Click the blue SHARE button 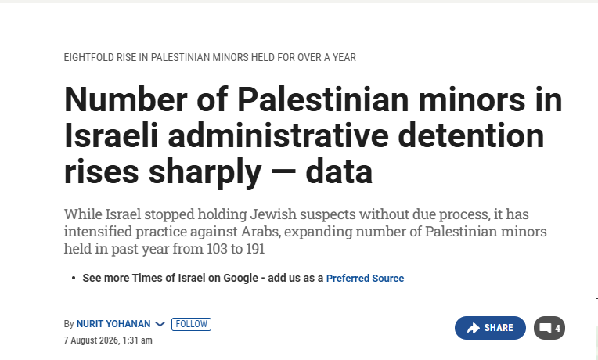(490, 328)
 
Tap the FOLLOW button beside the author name (191, 324)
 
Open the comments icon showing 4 (549, 328)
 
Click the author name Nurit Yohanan (113, 324)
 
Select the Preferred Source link (365, 279)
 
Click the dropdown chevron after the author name (160, 325)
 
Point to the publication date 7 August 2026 (91, 340)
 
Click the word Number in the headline (125, 99)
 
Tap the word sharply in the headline (204, 173)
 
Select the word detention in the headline (470, 135)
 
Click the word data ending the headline (339, 172)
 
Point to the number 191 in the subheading (255, 249)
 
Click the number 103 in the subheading (218, 249)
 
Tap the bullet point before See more (74, 279)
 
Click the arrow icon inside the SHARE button (474, 328)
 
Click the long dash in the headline (283, 171)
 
